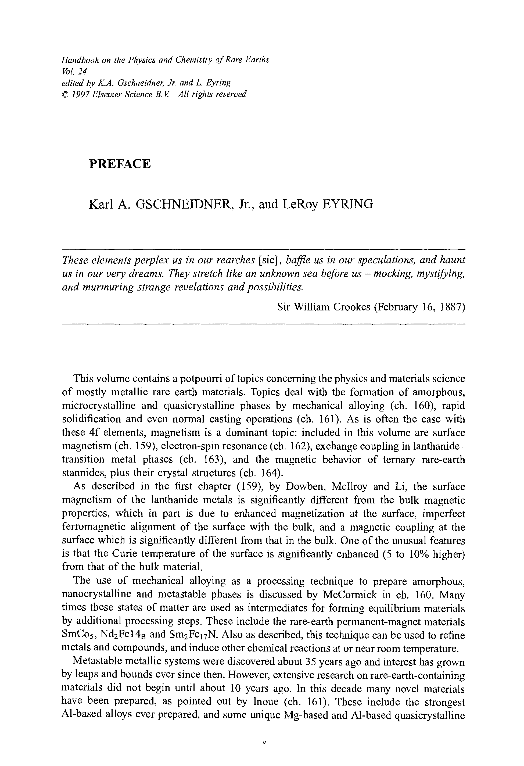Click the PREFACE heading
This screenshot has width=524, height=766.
tap(120, 164)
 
